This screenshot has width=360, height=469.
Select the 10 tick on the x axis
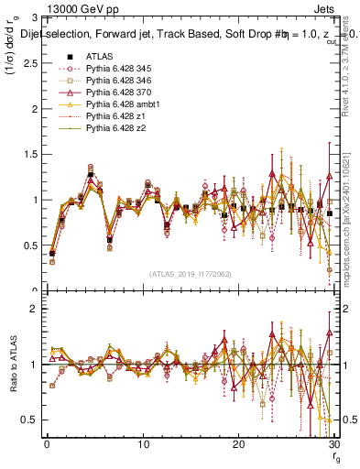(143, 444)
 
